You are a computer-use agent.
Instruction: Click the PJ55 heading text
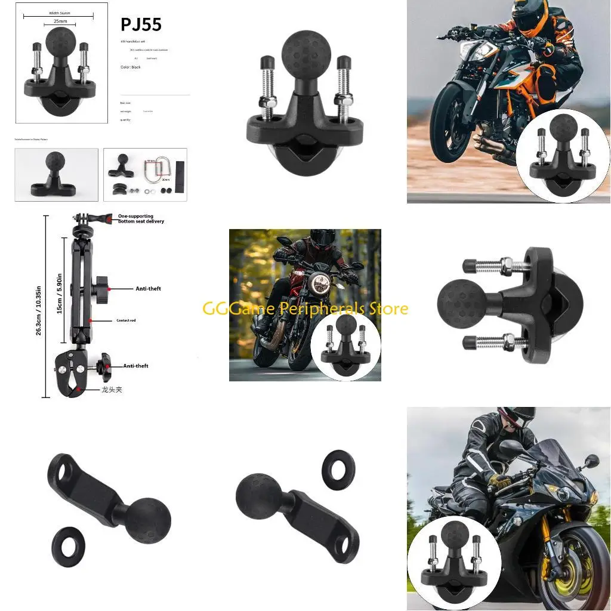(141, 24)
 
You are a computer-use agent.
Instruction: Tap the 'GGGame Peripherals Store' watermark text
(305, 308)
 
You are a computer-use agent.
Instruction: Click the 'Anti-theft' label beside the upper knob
(148, 289)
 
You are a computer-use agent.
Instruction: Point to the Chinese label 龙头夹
(112, 389)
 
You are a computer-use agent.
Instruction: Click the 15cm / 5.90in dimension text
(59, 294)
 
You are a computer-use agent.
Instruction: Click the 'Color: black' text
(130, 67)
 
